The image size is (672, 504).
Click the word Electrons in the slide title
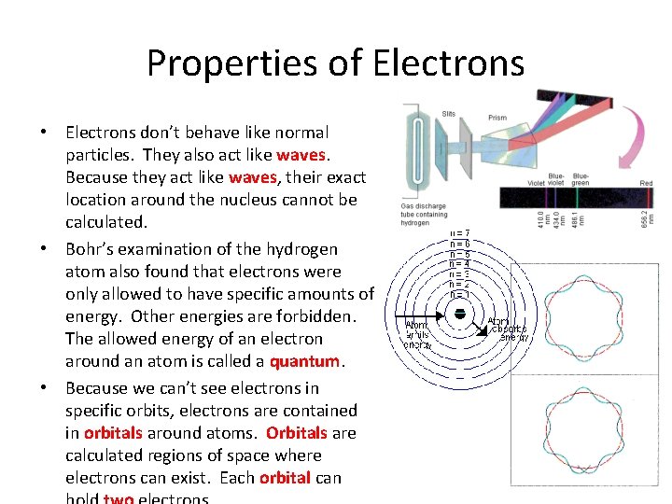[449, 63]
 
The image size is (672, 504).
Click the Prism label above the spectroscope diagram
[497, 118]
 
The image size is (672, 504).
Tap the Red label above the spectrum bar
[646, 184]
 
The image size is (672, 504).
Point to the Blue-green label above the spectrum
[581, 179]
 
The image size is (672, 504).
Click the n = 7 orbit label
[460, 232]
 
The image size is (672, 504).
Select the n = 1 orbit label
[459, 295]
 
